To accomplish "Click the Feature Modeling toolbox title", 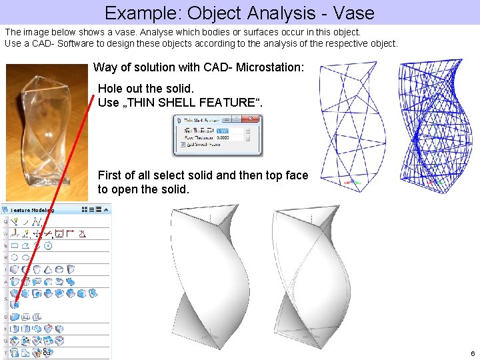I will pyautogui.click(x=33, y=210).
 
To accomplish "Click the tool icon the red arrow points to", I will pyautogui.click(x=15, y=304).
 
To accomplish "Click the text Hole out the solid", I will pyautogui.click(x=145, y=89).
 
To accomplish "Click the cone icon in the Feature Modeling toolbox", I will pyautogui.click(x=48, y=269).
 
